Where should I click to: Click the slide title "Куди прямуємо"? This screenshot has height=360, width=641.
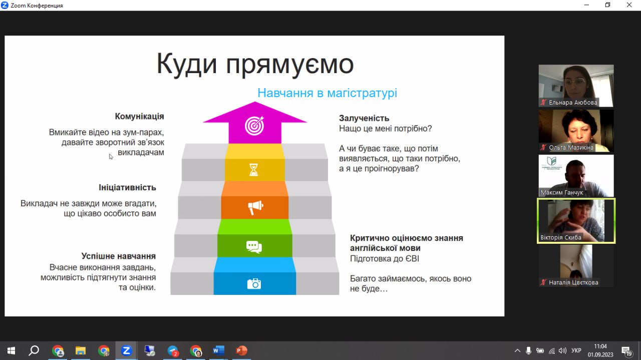[255, 64]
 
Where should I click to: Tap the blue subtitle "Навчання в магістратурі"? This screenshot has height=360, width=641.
[327, 93]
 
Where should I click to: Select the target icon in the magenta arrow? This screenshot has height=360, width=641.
[254, 126]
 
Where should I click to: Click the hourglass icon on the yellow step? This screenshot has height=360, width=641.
[254, 170]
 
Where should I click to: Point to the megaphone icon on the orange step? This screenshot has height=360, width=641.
[255, 207]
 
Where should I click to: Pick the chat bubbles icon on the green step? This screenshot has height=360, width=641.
[254, 246]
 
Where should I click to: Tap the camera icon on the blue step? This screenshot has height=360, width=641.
[254, 284]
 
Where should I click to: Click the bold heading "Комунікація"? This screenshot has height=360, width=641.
[139, 117]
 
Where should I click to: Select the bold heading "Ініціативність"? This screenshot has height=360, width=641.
[127, 187]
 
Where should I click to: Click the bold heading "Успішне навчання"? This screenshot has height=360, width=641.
[119, 256]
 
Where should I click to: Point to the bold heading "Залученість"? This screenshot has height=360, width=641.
[364, 118]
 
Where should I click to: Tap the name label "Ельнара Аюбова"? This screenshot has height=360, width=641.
[573, 103]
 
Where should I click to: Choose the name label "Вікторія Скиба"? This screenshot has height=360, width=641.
[561, 237]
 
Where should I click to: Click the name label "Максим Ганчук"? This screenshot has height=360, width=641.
[561, 192]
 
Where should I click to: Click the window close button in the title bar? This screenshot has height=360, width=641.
[629, 5]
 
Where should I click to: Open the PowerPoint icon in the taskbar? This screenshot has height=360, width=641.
[241, 350]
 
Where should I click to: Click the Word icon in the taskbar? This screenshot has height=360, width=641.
[218, 350]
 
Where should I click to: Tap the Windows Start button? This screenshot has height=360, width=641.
[11, 350]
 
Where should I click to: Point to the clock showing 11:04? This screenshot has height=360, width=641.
[600, 346]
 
